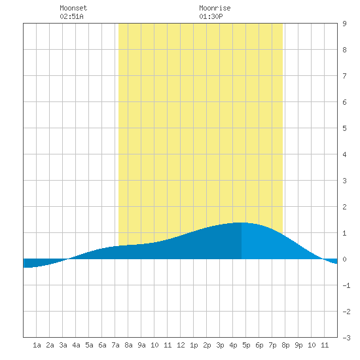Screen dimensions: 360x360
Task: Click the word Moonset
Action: click(x=73, y=8)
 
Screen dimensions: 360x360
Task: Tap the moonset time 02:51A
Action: click(x=71, y=16)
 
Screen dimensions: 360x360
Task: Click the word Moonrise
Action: click(x=215, y=8)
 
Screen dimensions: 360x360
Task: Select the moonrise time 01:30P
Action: click(x=211, y=16)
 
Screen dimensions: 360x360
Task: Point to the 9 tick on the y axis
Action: click(x=344, y=24)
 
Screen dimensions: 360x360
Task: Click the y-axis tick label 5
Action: click(x=344, y=128)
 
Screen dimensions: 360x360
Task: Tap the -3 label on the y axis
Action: click(x=346, y=338)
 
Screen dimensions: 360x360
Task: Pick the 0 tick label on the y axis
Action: click(x=344, y=259)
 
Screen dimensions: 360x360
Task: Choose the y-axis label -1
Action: click(x=346, y=285)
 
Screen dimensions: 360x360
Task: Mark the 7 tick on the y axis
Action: click(x=344, y=76)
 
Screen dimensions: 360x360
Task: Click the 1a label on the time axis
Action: click(x=37, y=345)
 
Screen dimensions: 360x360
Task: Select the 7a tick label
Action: click(x=115, y=345)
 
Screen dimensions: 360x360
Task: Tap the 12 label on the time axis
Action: click(x=181, y=345)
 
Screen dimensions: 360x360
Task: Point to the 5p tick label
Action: click(x=246, y=345)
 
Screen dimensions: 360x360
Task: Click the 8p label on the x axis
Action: click(x=285, y=345)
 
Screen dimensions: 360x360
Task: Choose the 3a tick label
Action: click(x=63, y=345)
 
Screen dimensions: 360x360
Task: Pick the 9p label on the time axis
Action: click(x=298, y=345)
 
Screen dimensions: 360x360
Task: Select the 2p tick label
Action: click(x=207, y=345)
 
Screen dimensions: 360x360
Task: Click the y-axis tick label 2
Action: click(x=344, y=207)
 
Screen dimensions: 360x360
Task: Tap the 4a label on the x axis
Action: click(x=76, y=345)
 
